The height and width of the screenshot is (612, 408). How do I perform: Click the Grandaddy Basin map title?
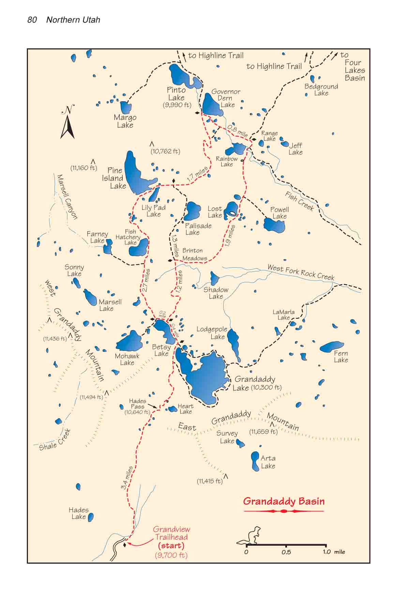(284, 501)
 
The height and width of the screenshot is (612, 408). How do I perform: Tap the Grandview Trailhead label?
(171, 533)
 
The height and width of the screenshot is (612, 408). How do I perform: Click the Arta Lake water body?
(255, 461)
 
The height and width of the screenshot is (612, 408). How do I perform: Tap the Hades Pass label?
(138, 404)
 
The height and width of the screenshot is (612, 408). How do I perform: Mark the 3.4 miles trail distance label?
(127, 478)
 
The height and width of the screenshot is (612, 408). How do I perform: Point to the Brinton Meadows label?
(194, 254)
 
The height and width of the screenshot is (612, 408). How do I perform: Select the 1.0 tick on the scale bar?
(327, 552)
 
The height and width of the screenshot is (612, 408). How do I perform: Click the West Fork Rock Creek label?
(301, 272)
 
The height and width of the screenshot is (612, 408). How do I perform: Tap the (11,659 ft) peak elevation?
(263, 432)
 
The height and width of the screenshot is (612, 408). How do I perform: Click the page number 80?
(32, 20)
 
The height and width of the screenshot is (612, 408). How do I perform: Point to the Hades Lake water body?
(91, 518)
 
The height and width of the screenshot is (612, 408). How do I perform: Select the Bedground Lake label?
(321, 90)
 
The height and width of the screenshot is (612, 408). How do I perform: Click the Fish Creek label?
(299, 201)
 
